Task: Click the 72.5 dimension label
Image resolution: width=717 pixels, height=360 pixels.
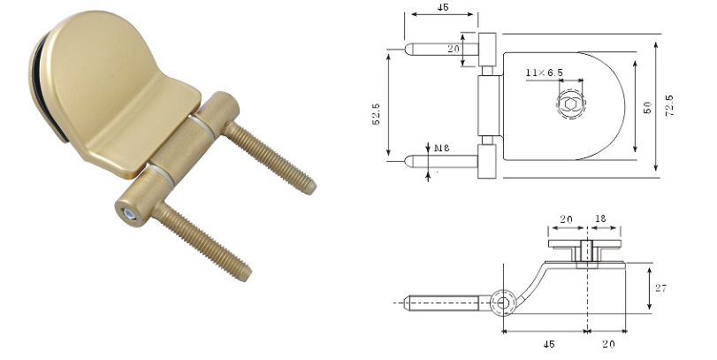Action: click(669, 105)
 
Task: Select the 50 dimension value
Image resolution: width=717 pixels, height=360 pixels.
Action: click(647, 108)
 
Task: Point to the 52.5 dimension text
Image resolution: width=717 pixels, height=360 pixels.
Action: click(376, 114)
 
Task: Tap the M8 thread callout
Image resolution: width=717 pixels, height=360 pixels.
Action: click(442, 148)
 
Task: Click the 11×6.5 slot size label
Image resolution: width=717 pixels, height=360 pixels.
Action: click(544, 73)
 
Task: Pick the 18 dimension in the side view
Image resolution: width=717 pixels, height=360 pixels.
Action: click(600, 218)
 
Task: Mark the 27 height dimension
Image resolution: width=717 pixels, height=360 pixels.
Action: click(660, 288)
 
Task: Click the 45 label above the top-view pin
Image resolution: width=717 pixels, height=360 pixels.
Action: click(443, 7)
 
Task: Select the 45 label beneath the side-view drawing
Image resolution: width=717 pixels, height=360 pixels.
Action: click(549, 344)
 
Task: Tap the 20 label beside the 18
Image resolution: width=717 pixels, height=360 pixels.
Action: click(566, 219)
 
